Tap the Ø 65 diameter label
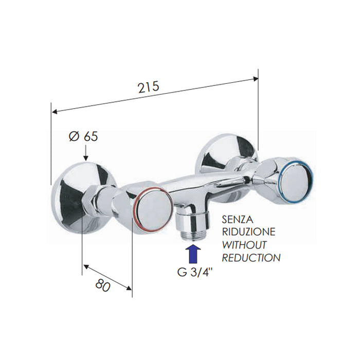click(83, 137)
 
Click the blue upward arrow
click(193, 254)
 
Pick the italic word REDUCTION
click(250, 257)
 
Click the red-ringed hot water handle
click(150, 210)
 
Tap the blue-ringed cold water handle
click(297, 178)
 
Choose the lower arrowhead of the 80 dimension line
click(130, 288)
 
